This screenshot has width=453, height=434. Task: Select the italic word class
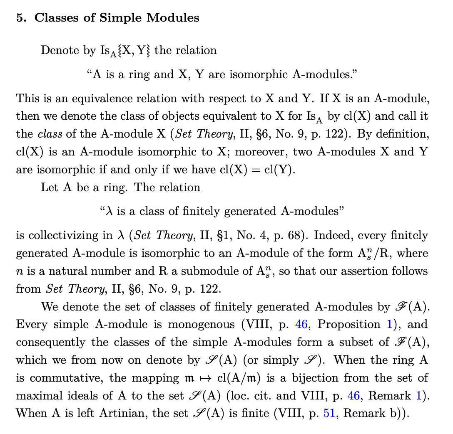(50, 134)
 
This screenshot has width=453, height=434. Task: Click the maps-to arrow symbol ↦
(212, 378)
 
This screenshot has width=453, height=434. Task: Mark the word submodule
(229, 271)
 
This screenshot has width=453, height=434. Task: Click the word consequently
(53, 343)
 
